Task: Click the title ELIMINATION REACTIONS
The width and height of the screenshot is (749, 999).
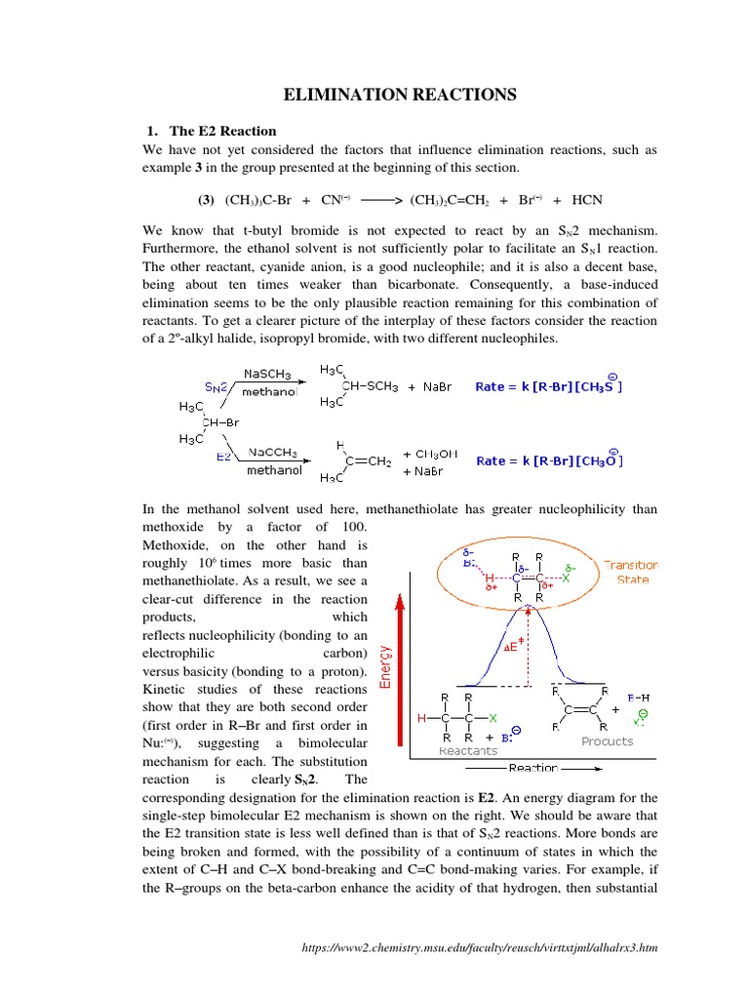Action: [x=399, y=95]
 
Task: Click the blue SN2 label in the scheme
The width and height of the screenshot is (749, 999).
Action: [x=217, y=386]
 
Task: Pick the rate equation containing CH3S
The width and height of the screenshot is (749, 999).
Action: [x=548, y=386]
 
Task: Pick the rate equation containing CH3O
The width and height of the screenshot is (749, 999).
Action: [x=548, y=460]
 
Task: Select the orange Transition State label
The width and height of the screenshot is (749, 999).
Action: [x=631, y=572]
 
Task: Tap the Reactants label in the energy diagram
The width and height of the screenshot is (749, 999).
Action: [x=467, y=751]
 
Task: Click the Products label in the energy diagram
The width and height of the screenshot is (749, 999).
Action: [x=608, y=741]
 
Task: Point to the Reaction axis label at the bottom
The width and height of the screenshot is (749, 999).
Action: [x=533, y=768]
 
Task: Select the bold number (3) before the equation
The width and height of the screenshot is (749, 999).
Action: [x=206, y=201]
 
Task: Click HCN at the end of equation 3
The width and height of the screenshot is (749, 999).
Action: [x=587, y=201]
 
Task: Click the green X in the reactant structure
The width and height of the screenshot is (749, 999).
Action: [x=493, y=719]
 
